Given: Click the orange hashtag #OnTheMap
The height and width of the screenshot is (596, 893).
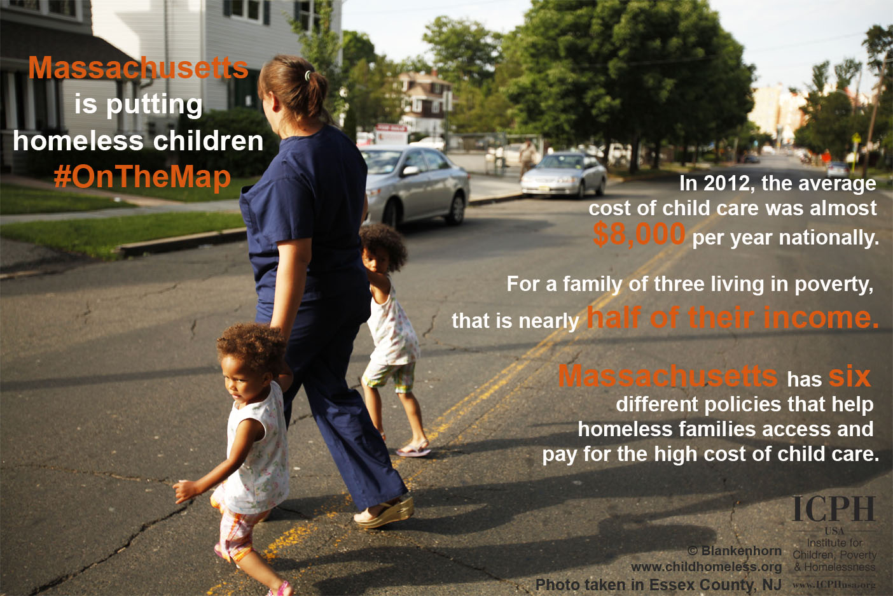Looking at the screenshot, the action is click(142, 177).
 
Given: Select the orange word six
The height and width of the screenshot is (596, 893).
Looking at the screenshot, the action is click(849, 376).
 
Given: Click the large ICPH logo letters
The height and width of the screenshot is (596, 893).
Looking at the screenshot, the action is click(833, 509).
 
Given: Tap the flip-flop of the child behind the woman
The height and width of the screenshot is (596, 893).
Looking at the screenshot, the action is click(414, 450).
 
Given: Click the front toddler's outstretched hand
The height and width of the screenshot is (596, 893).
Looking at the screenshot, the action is click(184, 490).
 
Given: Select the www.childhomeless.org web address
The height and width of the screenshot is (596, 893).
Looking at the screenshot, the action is click(706, 567).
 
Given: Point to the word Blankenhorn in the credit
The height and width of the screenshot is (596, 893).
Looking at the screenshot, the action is click(741, 551).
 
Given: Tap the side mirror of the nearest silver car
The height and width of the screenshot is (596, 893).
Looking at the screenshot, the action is click(410, 171).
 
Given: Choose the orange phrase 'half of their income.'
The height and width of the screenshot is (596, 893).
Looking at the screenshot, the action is click(732, 318).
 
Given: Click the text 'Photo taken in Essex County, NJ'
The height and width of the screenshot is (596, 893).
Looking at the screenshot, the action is click(658, 585).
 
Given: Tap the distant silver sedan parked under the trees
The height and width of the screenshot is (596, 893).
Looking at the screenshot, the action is click(564, 176).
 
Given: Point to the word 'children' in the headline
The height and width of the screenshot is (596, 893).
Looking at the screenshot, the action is click(208, 141).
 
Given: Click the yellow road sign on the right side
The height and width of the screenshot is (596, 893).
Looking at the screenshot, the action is click(855, 139).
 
